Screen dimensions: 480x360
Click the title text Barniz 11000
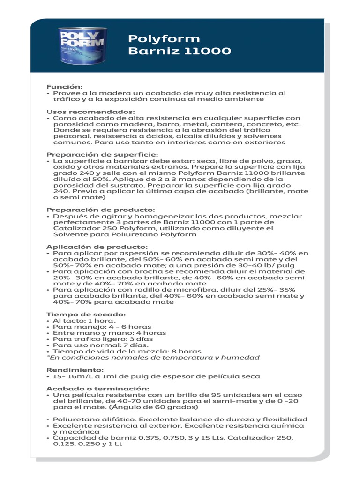[180, 51]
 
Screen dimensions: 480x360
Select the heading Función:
[64, 87]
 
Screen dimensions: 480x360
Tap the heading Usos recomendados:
[90, 112]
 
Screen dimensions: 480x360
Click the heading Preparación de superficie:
[102, 154]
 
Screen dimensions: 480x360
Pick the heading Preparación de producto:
[100, 210]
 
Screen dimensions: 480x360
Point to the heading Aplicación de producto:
[97, 247]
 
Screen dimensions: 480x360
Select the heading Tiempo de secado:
[86, 314]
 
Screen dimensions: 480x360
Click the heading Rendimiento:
[75, 370]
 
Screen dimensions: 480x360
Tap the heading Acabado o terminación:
[97, 389]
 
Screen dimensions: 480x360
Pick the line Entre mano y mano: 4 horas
[109, 333]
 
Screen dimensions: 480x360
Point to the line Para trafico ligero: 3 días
[103, 339]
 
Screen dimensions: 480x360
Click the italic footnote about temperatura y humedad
[153, 357]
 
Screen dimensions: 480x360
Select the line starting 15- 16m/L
[156, 376]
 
